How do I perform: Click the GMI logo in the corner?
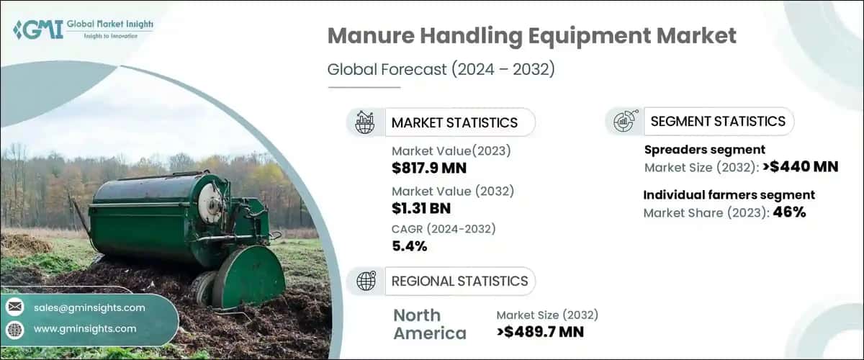click(x=83, y=28)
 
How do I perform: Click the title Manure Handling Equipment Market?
click(x=531, y=36)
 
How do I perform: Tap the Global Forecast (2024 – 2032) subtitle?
click(x=441, y=70)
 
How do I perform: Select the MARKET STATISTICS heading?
click(x=454, y=122)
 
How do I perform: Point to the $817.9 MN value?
click(x=429, y=168)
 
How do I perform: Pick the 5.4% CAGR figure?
click(x=410, y=246)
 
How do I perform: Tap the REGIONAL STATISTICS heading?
click(x=459, y=281)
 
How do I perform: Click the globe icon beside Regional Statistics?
click(x=366, y=282)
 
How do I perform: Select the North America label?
click(x=430, y=323)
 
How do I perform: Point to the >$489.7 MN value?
click(x=540, y=331)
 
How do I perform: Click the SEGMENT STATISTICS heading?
click(x=718, y=121)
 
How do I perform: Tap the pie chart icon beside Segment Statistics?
click(x=624, y=121)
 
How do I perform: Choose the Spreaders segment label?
click(x=703, y=150)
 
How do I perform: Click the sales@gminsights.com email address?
click(x=89, y=307)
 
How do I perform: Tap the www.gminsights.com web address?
click(x=85, y=328)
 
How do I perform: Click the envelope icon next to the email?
click(x=14, y=307)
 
